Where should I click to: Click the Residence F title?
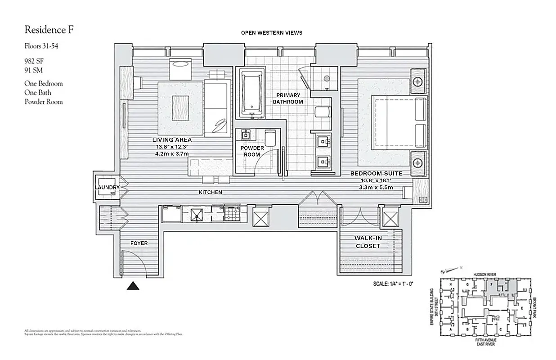pos(49,30)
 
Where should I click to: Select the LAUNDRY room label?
pos(107,187)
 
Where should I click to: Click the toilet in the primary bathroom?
pos(322,112)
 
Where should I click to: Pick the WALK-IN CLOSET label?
pos(368,242)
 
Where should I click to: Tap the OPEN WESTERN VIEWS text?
pos(272,32)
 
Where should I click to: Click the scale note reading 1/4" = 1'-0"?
pos(393,284)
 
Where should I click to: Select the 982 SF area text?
pos(34,60)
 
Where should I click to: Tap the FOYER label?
pos(139,243)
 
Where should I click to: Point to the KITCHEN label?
pos(211,192)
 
